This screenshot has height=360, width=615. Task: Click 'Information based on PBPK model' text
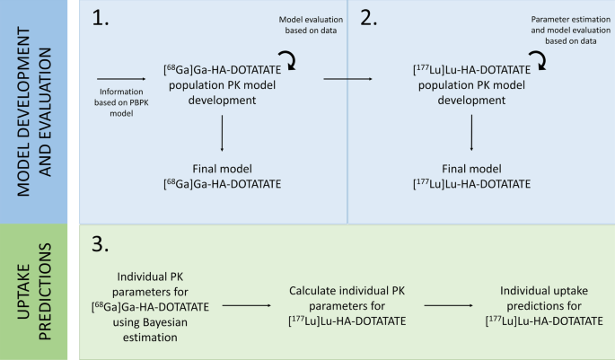tap(120, 101)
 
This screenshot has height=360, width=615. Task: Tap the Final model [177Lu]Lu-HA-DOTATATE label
tap(471, 176)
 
